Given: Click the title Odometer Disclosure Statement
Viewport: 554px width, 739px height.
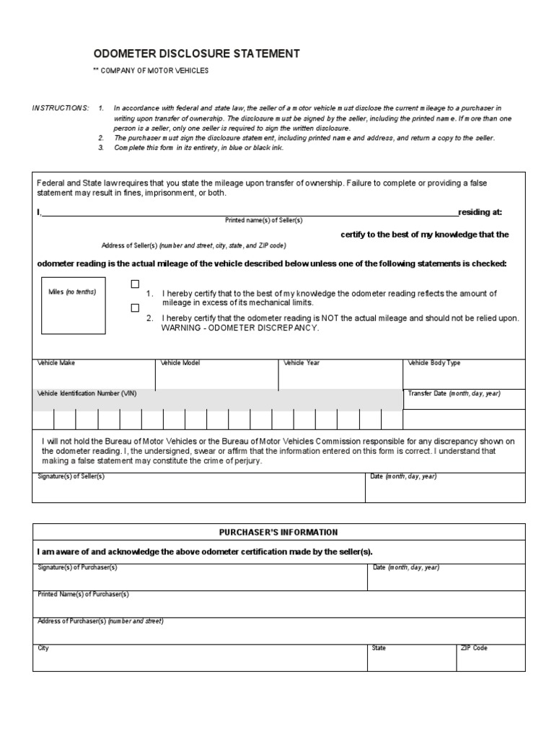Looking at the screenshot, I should (186, 54).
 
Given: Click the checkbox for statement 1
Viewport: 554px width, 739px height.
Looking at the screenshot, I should (135, 284).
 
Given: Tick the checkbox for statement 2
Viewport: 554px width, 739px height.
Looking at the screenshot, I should (135, 307).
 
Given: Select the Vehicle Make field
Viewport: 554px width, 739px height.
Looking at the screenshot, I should (94, 375).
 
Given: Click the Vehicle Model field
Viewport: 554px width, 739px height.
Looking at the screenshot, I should (216, 375).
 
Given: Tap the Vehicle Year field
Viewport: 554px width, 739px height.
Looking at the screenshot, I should (340, 375).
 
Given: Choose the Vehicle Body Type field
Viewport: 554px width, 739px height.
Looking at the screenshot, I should (464, 375).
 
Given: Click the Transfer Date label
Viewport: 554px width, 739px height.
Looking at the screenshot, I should (454, 394).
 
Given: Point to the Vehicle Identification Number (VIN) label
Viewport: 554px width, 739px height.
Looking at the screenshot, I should (87, 394).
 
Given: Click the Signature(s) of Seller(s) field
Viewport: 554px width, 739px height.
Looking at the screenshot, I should (198, 489).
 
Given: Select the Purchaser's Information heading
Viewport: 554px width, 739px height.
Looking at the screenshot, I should (278, 533).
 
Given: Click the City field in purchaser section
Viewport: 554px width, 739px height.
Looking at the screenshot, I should (198, 659).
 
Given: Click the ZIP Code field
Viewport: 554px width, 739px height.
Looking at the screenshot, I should (490, 659).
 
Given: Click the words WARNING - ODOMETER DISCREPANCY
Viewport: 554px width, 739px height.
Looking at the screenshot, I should (239, 328).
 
